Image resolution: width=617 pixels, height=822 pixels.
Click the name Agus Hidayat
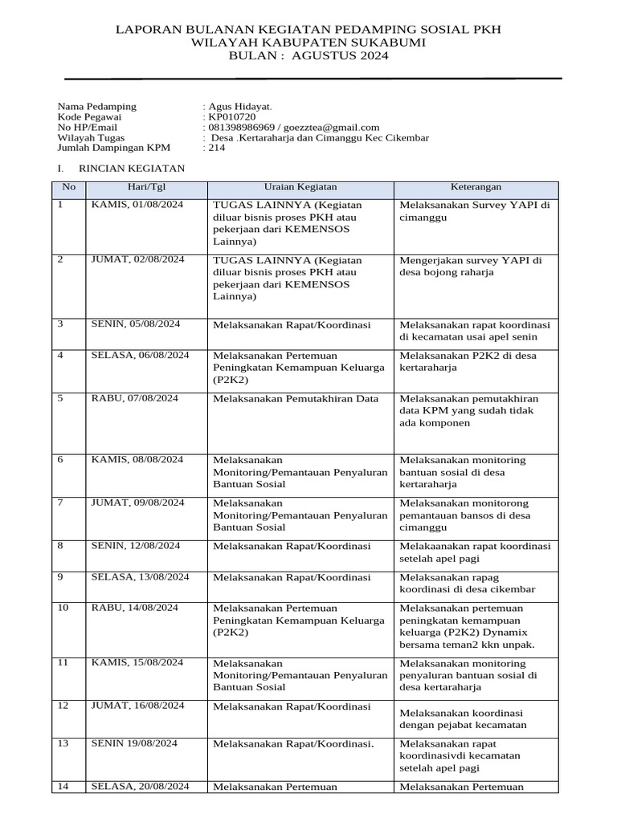239,107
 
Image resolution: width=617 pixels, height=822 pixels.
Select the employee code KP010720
231,117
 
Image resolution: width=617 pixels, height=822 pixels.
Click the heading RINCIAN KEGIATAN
132,169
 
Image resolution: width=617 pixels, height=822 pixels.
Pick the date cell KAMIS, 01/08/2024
137,205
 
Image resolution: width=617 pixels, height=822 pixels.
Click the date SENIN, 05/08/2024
136,324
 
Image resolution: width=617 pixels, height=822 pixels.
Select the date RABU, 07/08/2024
135,398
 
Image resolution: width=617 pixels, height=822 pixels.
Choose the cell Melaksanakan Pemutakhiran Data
295,399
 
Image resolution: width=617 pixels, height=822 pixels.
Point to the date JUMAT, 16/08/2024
138,706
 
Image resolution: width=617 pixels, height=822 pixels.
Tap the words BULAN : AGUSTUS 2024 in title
308,56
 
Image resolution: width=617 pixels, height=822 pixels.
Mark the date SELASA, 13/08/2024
140,576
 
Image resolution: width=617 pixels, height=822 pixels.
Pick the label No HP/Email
88,128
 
